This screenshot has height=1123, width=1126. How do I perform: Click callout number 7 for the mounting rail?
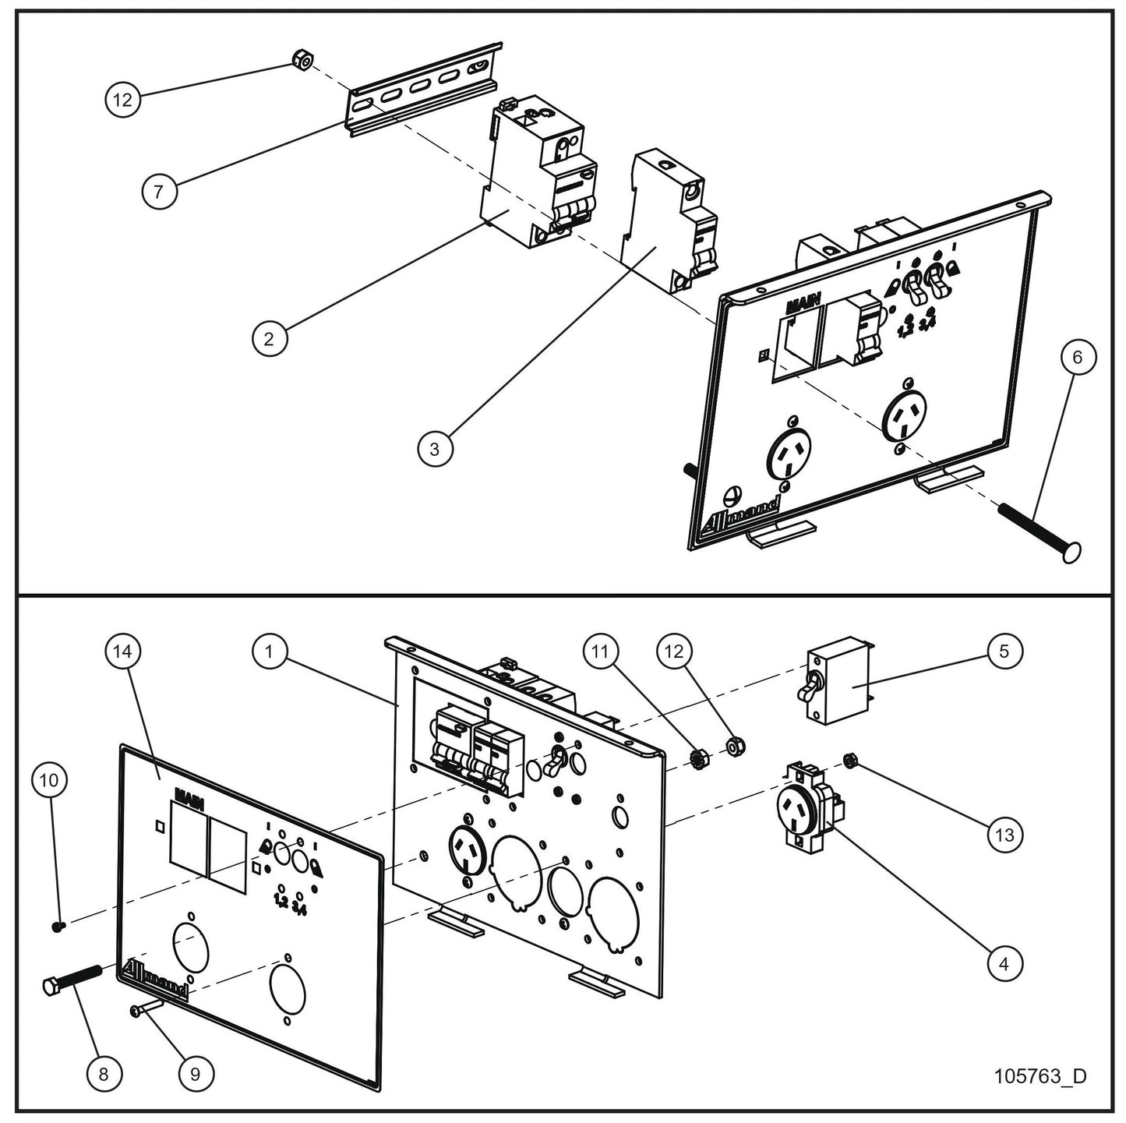pyautogui.click(x=159, y=191)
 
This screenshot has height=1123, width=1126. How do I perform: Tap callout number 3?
pyautogui.click(x=434, y=449)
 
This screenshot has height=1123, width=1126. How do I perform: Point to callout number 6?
pyautogui.click(x=1078, y=357)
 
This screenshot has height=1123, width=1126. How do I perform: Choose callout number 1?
pyautogui.click(x=269, y=651)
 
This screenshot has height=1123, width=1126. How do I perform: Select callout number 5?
pyautogui.click(x=1004, y=651)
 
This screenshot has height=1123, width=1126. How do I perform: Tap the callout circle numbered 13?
pyautogui.click(x=1004, y=835)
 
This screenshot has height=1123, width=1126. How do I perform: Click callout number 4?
pyautogui.click(x=1004, y=963)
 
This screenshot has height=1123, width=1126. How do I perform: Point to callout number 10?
pyautogui.click(x=49, y=779)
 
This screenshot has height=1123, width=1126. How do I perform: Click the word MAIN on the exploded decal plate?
pyautogui.click(x=189, y=796)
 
